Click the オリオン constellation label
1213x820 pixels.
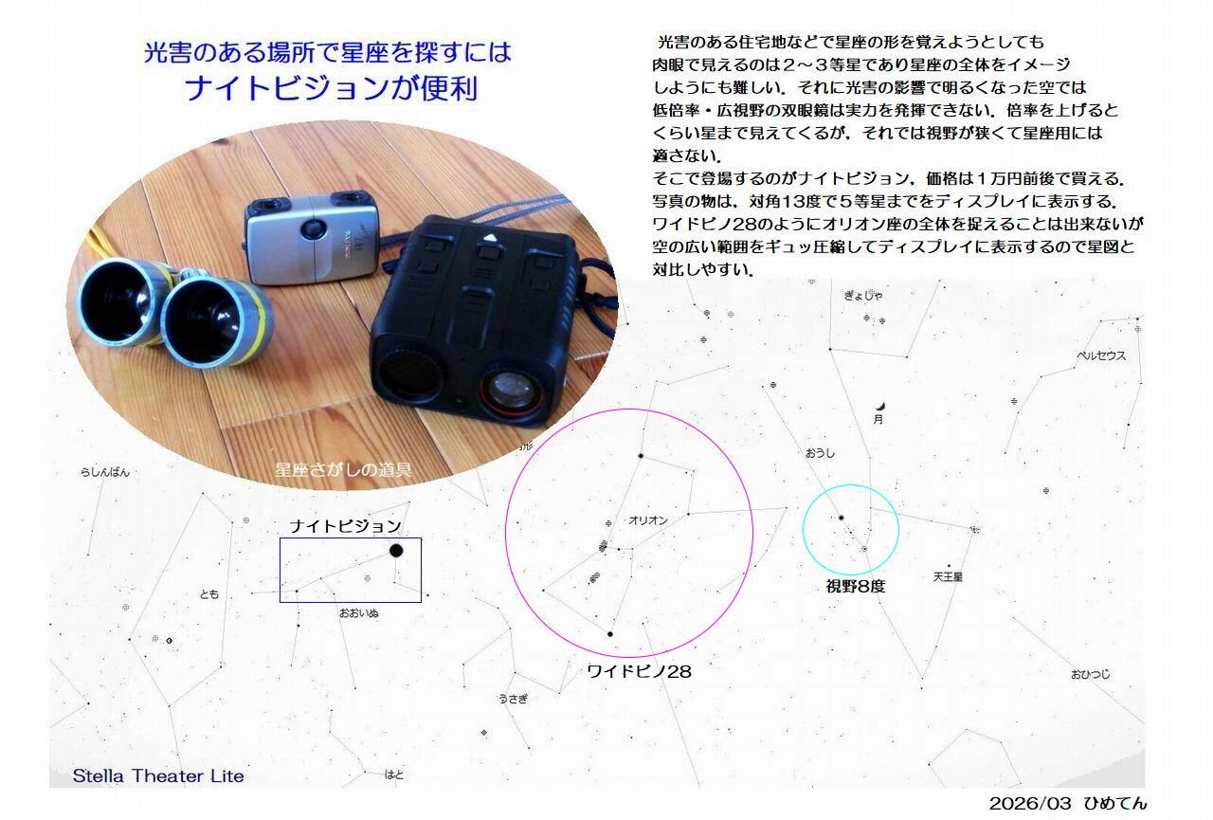[x=647, y=520]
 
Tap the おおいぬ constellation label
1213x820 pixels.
[x=358, y=613]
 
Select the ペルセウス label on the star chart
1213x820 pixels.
[x=1101, y=355]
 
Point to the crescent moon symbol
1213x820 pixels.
[x=881, y=407]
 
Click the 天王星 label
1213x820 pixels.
[x=948, y=576]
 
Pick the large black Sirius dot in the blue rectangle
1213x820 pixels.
[x=396, y=551]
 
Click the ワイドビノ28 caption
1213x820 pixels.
[x=639, y=671]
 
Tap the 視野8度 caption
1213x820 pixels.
[x=855, y=586]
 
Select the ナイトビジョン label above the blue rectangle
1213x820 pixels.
[x=346, y=526]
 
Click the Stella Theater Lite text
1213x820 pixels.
[x=158, y=775]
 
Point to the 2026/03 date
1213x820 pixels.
[x=1028, y=803]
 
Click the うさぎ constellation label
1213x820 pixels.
[x=513, y=699]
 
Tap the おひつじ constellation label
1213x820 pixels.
[x=1090, y=674]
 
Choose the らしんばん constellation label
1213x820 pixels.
[x=105, y=472]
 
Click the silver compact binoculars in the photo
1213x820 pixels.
[x=312, y=237]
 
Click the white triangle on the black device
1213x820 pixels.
[x=490, y=237]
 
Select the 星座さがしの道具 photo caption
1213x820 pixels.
[x=343, y=469]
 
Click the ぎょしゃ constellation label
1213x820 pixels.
[x=863, y=296]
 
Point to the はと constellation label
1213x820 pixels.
[x=393, y=775]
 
